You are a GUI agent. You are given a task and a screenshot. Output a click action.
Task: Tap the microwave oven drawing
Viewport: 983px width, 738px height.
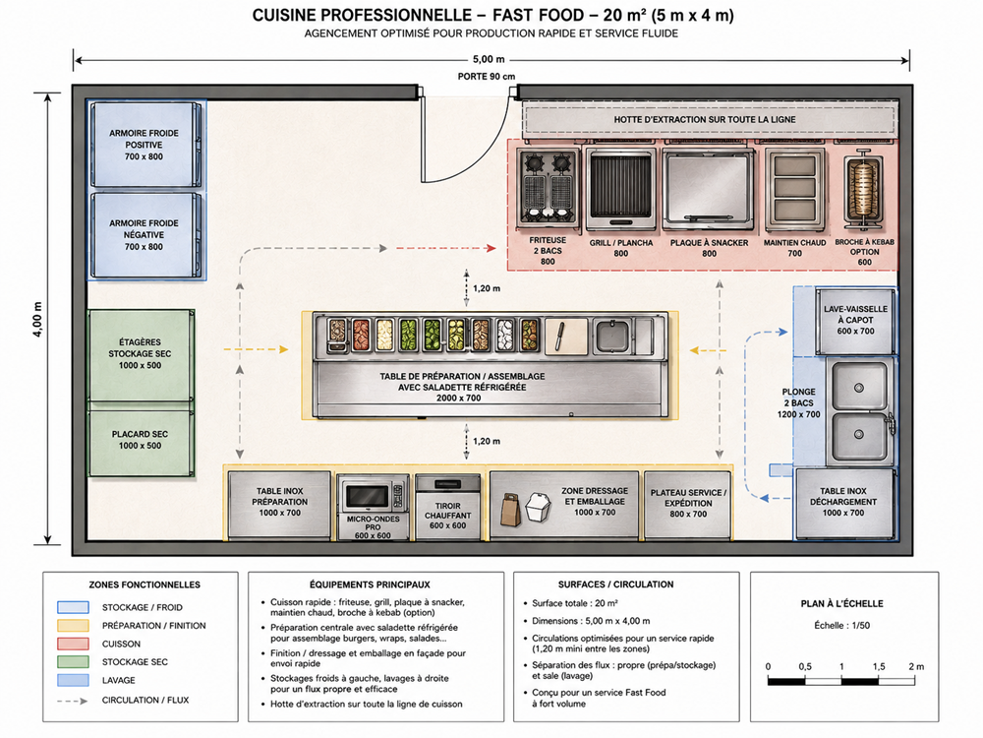tap(373, 496)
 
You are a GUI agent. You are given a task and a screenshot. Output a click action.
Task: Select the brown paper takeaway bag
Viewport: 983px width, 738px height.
tap(510, 510)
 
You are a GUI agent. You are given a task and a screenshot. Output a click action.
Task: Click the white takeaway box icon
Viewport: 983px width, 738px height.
tap(538, 508)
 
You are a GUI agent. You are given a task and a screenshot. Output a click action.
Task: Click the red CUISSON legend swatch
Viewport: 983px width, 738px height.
tap(73, 644)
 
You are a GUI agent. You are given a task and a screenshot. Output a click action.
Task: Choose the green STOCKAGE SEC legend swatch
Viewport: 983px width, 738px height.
tap(73, 662)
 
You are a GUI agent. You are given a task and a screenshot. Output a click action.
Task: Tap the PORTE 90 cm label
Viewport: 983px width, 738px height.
tap(487, 77)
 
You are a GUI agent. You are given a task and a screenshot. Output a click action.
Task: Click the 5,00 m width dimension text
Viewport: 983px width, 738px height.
tap(489, 59)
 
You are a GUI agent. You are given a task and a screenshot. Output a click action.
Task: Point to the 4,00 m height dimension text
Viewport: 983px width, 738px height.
tap(37, 320)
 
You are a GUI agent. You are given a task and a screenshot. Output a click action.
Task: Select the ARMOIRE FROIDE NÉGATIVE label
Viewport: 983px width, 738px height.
tap(144, 235)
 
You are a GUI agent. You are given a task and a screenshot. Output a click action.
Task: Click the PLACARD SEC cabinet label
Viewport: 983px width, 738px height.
tap(140, 439)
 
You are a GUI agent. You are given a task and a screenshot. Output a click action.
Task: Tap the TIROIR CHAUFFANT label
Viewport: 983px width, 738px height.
tap(447, 516)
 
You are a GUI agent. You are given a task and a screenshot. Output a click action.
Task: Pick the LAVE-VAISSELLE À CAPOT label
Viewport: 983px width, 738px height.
tap(855, 320)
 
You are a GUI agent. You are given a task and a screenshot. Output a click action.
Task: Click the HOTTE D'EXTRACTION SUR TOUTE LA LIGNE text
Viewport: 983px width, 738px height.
tap(705, 119)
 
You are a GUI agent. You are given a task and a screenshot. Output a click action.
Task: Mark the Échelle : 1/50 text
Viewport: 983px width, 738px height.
tap(842, 625)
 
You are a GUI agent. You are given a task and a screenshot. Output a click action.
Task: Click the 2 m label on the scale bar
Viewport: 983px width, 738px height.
tap(916, 666)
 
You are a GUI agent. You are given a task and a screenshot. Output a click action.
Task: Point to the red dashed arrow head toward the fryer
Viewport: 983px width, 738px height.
tap(491, 249)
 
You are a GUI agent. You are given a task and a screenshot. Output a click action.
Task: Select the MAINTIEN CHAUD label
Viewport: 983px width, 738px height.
tap(794, 243)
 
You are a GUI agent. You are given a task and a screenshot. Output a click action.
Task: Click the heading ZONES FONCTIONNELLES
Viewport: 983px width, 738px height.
tap(145, 584)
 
